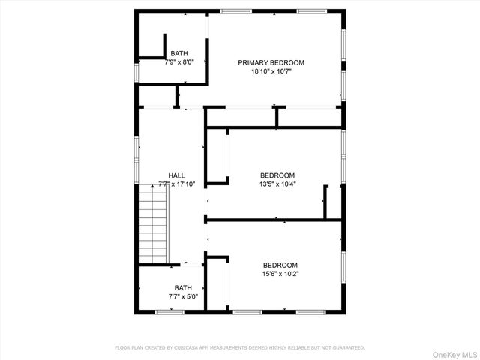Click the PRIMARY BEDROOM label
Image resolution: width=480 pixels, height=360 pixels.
tap(271, 62)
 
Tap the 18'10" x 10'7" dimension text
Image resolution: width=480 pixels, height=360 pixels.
tap(271, 71)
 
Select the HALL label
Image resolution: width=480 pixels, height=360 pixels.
tap(176, 175)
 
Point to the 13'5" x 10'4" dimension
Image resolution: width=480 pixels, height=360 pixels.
tap(277, 184)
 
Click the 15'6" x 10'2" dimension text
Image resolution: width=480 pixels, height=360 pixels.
tap(280, 274)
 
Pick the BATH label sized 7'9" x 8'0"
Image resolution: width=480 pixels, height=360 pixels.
tap(179, 53)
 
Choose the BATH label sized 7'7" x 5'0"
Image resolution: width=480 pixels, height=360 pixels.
tap(183, 287)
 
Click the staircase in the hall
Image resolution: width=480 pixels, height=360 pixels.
tap(153, 224)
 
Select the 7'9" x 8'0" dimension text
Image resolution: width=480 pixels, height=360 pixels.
tap(179, 62)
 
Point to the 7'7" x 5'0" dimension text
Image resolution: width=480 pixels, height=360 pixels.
tap(183, 296)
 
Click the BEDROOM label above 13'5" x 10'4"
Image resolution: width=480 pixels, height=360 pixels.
tap(277, 175)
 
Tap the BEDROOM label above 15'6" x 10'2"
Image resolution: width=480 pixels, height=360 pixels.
tap(280, 265)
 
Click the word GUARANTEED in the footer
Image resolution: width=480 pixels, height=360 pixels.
tap(346, 348)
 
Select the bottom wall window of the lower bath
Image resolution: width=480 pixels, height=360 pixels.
tap(169, 311)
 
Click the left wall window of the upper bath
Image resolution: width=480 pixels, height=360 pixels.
tap(136, 72)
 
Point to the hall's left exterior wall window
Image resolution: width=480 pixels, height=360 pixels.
tap(136, 158)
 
